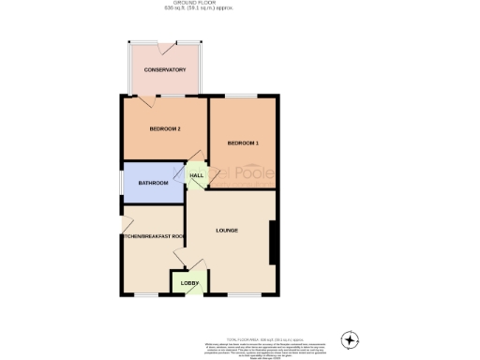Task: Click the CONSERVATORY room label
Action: click(x=164, y=70)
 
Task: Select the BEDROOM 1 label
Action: click(x=244, y=142)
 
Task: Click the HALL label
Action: click(x=197, y=175)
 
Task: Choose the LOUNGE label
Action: click(x=227, y=231)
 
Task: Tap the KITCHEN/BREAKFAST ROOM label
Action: click(x=153, y=237)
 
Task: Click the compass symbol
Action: click(x=351, y=338)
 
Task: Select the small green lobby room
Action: click(x=185, y=282)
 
